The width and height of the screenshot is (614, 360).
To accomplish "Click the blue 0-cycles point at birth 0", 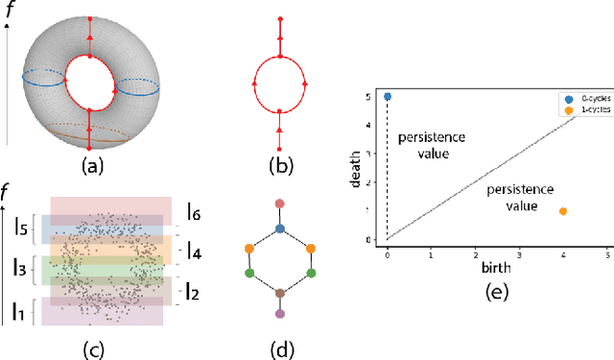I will click(388, 97).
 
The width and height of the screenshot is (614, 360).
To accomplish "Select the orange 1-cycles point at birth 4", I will click(562, 211).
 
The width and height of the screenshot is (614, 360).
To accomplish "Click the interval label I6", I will click(195, 209).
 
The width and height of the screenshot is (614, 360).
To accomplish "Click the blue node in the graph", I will click(280, 228).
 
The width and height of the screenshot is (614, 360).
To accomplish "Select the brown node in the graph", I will click(280, 294).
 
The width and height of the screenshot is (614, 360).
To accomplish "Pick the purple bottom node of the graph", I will click(280, 315).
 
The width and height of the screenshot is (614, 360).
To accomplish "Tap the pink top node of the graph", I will click(280, 203).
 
